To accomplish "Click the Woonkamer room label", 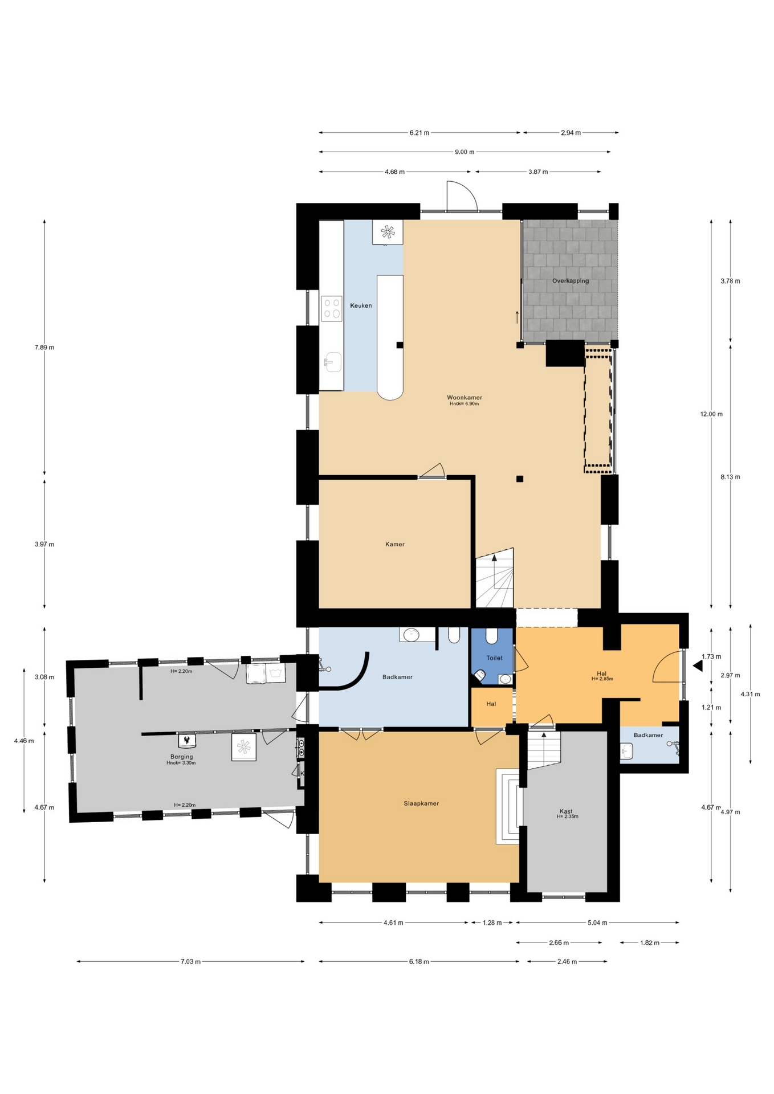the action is (464, 397).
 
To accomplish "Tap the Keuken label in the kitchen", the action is (361, 305).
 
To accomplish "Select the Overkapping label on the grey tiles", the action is (571, 281).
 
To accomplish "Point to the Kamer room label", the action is (395, 544).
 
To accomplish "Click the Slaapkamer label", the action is (421, 803).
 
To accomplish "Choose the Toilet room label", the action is (494, 658).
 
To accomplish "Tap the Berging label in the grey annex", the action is (181, 757).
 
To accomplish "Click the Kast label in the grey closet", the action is (566, 811).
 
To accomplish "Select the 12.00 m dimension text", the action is (711, 414).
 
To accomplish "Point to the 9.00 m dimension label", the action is (465, 152).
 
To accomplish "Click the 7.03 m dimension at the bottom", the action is (190, 962).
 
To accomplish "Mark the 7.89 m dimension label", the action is (44, 348).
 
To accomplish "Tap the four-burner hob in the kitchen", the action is (332, 308).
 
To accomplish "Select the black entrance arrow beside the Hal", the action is (698, 666).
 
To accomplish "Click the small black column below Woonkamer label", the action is (520, 479).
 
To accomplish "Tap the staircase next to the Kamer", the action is (495, 578).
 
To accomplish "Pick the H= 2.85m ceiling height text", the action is (602, 679).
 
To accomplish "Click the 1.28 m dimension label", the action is (492, 922).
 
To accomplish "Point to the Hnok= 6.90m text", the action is (464, 404).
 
